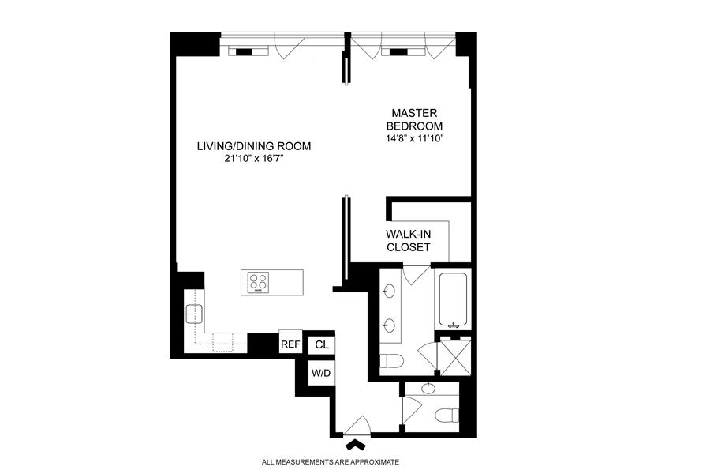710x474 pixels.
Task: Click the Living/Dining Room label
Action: click(253, 146)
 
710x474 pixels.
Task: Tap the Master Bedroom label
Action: click(414, 119)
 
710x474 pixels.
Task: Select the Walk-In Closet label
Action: click(408, 240)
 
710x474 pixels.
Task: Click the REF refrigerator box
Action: click(290, 344)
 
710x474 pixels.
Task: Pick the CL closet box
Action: click(322, 344)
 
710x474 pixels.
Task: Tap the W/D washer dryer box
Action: click(321, 374)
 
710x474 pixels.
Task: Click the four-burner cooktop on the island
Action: click(259, 282)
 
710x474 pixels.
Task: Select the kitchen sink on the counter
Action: click(194, 314)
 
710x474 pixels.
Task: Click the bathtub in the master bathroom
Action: click(453, 300)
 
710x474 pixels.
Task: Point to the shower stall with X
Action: click(455, 356)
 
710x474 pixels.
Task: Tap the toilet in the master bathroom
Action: click(391, 362)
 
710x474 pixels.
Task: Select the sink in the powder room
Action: click(428, 388)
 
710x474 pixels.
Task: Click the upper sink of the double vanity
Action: click(388, 290)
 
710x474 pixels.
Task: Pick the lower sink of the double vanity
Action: click(388, 325)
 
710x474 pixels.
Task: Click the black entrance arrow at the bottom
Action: click(356, 445)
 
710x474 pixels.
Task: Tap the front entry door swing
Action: click(358, 426)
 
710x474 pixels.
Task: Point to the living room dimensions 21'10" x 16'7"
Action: click(253, 158)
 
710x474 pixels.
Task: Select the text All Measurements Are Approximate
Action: click(331, 462)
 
